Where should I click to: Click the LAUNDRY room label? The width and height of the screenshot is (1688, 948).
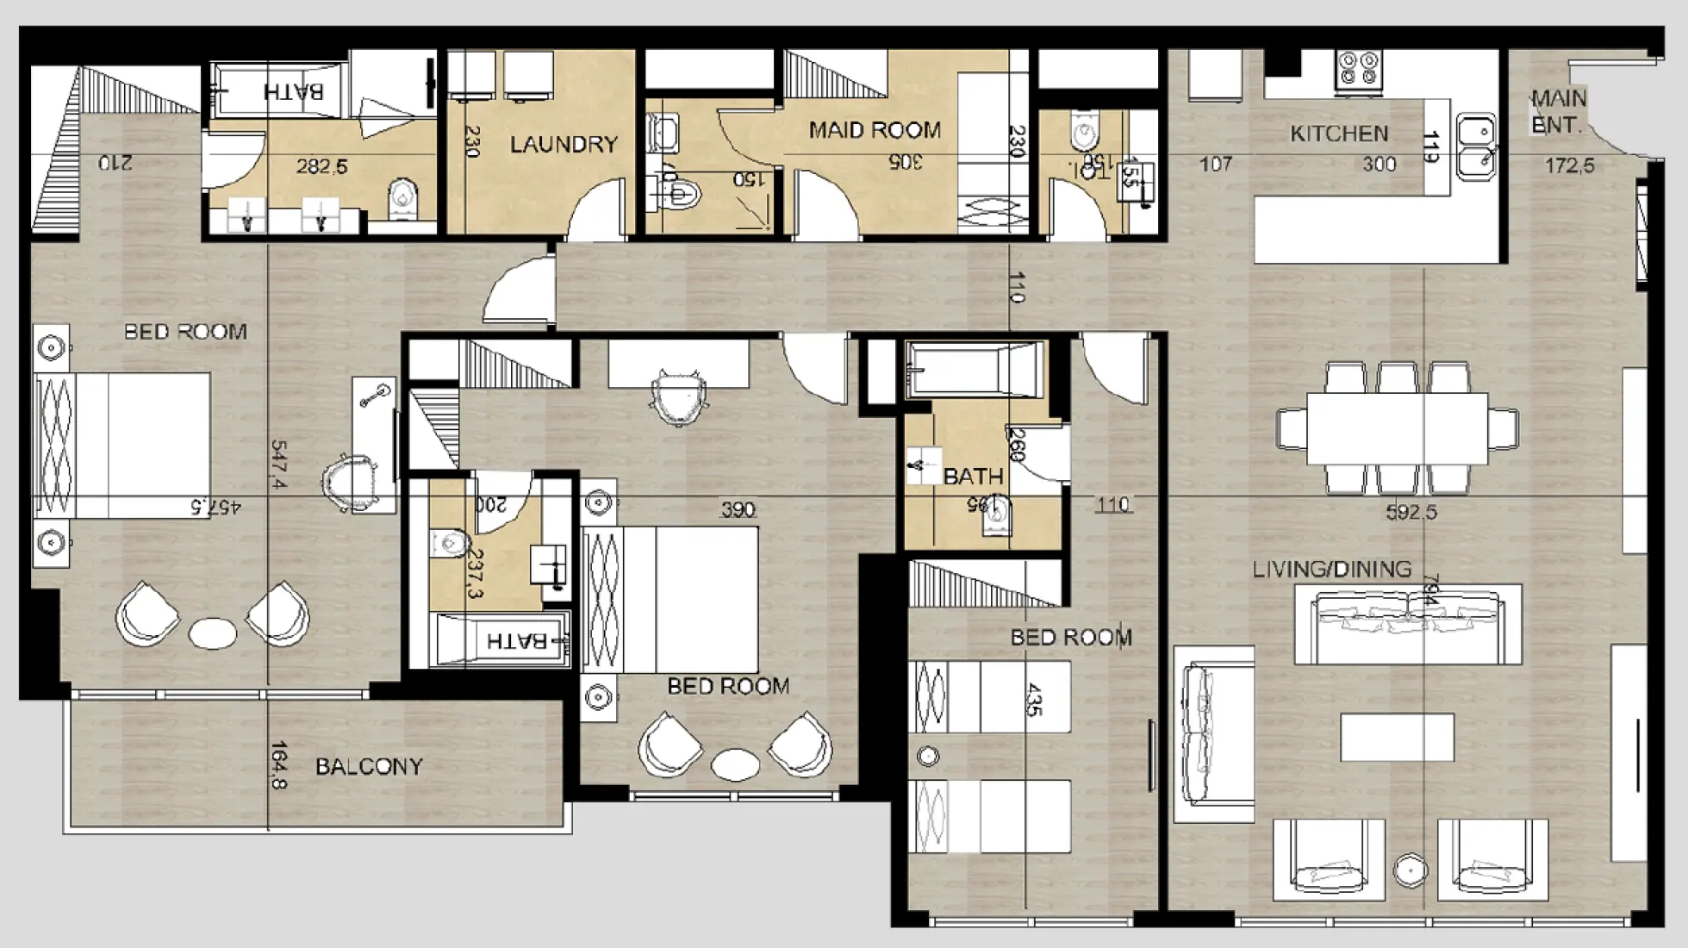tap(564, 145)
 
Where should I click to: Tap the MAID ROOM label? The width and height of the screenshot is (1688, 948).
tap(874, 130)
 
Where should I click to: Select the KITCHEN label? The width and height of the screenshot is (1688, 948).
tap(1339, 134)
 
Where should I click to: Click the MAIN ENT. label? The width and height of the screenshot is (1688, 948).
tap(1558, 112)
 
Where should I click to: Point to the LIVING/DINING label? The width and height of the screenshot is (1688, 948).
tap(1331, 569)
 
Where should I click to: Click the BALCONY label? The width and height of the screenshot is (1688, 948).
tap(369, 766)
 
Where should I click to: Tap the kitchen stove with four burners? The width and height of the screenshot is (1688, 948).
tap(1359, 70)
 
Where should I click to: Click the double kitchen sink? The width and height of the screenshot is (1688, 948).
tap(1476, 147)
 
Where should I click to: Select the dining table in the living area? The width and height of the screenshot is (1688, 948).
tap(1397, 427)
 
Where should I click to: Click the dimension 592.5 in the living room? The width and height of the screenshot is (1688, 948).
tap(1411, 512)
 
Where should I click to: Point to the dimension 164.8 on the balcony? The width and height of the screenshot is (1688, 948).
tap(279, 765)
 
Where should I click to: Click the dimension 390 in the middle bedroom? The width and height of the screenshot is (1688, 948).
tap(738, 509)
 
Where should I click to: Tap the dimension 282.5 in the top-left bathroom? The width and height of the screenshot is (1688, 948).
tap(321, 165)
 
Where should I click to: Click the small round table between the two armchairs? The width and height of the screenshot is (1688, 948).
tap(1411, 870)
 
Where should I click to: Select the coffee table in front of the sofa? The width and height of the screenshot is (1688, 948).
tap(1397, 737)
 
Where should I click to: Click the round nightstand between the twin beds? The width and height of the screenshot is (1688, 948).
tap(928, 757)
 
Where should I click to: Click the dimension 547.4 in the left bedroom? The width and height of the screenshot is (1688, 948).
tap(279, 465)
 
